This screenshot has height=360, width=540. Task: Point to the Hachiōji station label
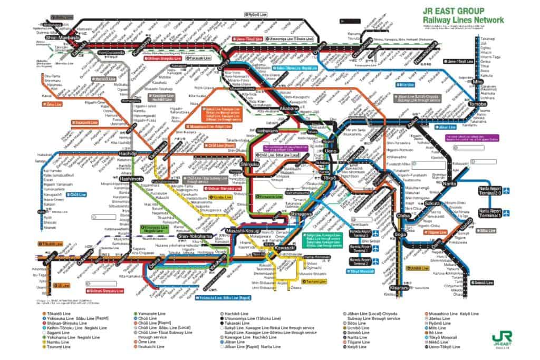pyautogui.click(x=129, y=153)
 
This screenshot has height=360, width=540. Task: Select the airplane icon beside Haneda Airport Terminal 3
pyautogui.click(x=375, y=233)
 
